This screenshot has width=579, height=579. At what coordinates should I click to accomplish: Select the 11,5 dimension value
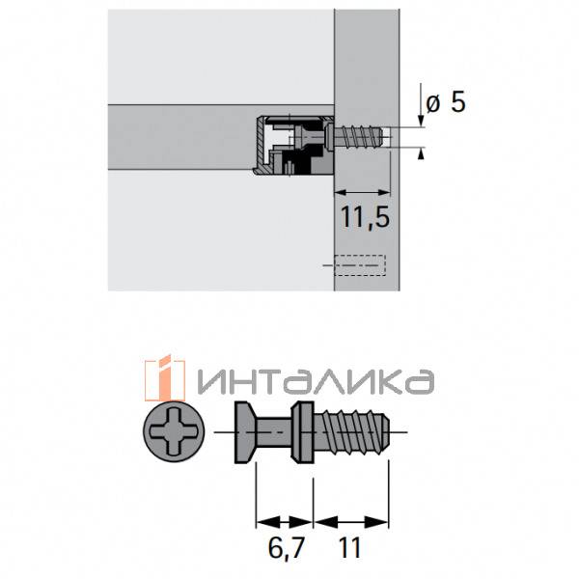point(364,218)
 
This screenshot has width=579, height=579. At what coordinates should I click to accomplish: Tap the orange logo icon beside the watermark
point(163,379)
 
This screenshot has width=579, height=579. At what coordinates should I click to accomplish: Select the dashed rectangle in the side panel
point(359,266)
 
